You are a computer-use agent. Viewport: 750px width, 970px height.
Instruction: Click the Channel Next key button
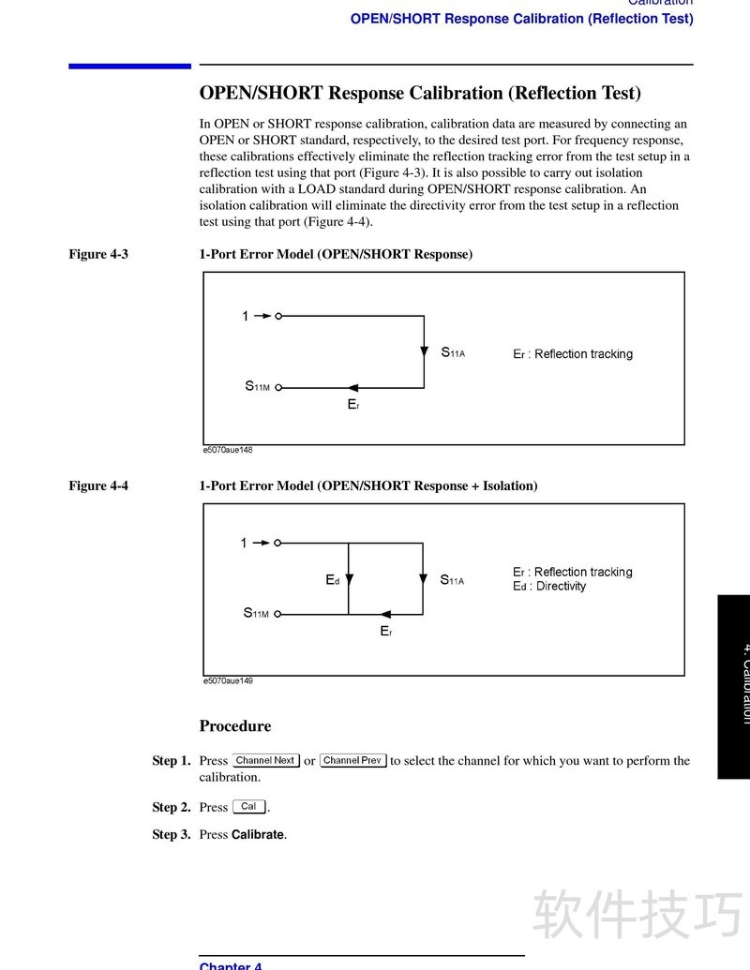[265, 761]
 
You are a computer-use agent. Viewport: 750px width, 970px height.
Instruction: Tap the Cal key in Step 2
[248, 807]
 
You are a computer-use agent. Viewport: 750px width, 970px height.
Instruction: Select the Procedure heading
[235, 726]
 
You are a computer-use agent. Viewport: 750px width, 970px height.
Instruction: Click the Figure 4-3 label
[98, 254]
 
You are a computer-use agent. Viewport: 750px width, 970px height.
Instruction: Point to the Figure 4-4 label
[98, 485]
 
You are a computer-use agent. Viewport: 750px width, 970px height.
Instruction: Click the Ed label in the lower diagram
[332, 580]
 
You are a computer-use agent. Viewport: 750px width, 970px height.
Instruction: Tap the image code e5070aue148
[228, 450]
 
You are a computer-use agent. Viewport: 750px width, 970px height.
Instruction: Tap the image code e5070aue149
[228, 680]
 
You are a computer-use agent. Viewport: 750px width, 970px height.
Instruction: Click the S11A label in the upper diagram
[453, 353]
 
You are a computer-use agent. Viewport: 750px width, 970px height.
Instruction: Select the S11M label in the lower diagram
[256, 614]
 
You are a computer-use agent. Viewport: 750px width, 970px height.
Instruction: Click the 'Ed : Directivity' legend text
[549, 587]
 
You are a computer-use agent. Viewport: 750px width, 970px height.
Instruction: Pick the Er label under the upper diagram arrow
[352, 405]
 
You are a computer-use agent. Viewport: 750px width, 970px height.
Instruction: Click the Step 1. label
[172, 761]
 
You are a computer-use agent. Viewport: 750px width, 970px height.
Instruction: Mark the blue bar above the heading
[129, 66]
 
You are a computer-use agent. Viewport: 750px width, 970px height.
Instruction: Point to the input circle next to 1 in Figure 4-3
[278, 317]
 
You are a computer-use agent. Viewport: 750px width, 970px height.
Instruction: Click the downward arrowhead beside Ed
[349, 580]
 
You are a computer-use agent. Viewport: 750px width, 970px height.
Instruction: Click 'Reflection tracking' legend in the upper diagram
[583, 354]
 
